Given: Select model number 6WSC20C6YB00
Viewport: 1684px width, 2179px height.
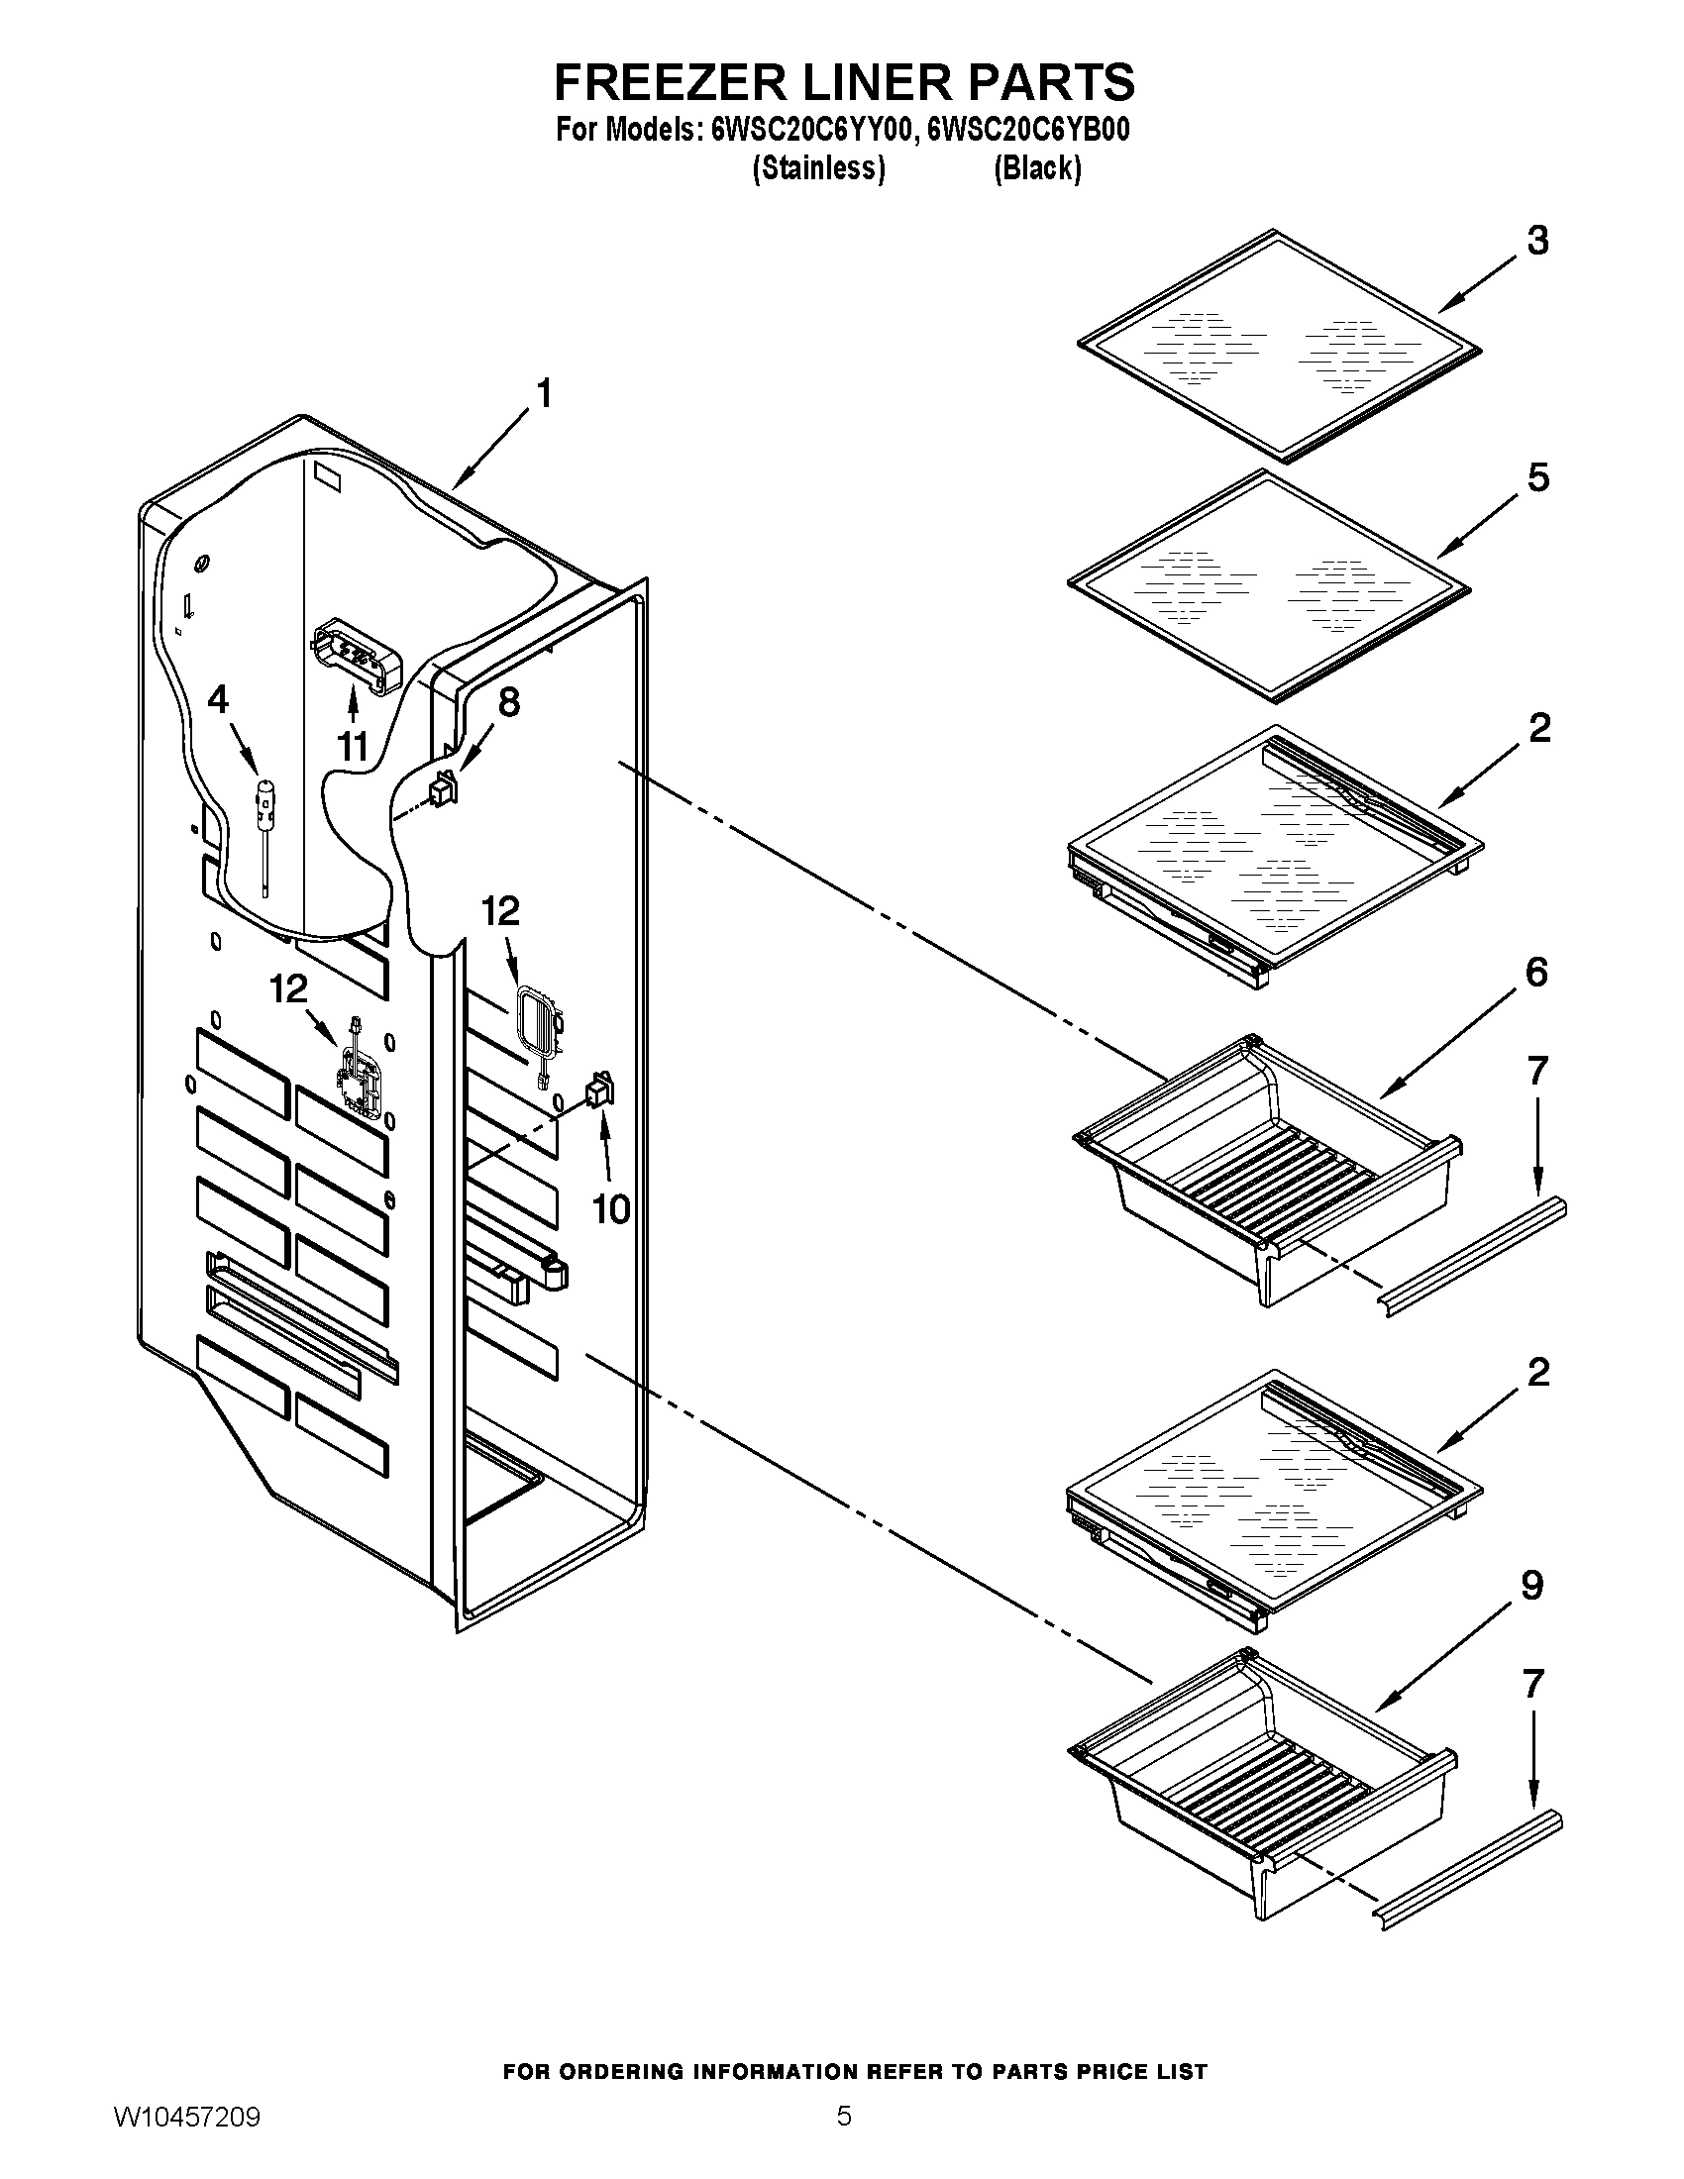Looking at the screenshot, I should (1028, 131).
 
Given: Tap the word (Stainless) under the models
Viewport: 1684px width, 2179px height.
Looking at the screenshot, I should (818, 168).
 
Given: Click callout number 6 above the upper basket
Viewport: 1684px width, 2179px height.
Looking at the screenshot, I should (1536, 973).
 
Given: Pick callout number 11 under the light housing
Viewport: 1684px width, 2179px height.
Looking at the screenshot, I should (354, 745).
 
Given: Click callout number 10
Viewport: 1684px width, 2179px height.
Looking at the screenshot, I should (610, 1209).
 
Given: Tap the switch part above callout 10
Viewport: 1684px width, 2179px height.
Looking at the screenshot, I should (599, 1089).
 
